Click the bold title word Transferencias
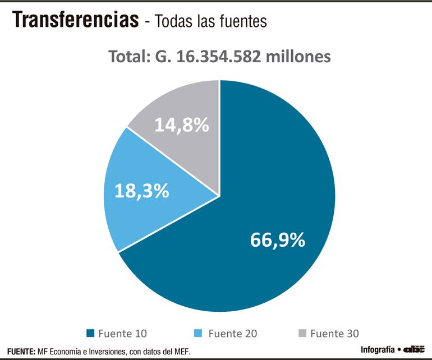pos(76,20)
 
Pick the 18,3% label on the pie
pos(142,191)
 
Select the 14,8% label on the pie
pos(181,124)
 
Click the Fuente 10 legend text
pos(122,333)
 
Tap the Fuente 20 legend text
pos(233,333)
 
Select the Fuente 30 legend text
pos(334,333)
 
